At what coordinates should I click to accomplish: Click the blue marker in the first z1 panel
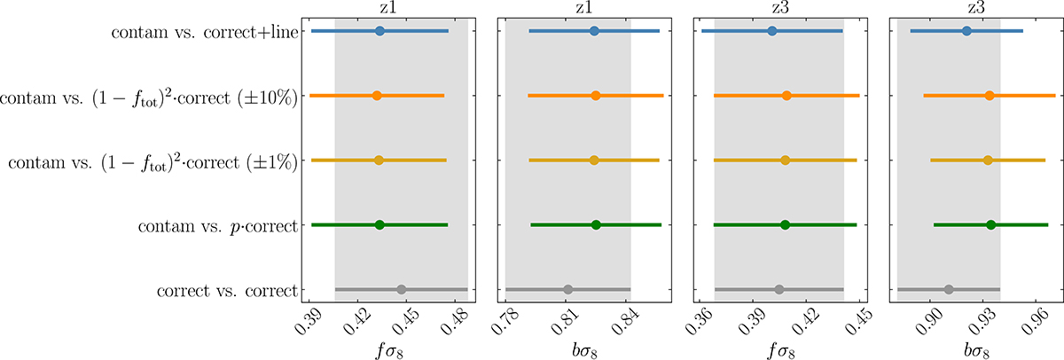point(379,31)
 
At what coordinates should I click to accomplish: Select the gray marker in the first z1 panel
point(401,290)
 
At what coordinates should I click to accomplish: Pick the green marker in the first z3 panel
point(785,225)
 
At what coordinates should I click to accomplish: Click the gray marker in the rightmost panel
point(949,290)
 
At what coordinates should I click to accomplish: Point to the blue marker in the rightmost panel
point(966,31)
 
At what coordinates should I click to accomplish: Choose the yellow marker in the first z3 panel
point(785,160)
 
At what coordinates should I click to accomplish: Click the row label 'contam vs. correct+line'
point(206,33)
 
